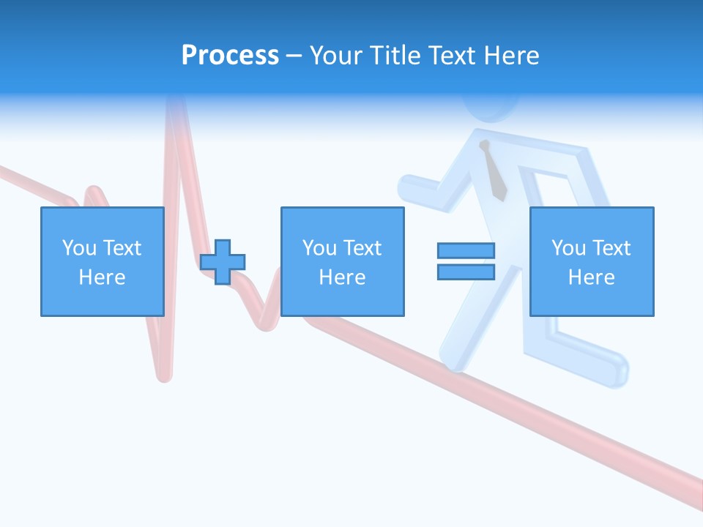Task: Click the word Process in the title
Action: coord(230,56)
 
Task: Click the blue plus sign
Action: coord(223,261)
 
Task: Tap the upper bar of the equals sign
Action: coord(466,250)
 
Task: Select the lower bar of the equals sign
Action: coord(466,272)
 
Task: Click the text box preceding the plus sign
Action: coord(102,261)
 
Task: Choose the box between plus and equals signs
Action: coord(342,261)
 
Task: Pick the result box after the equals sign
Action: coord(592,261)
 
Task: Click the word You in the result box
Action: coord(568,248)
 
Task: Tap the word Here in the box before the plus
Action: coord(102,277)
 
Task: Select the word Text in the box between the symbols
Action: coord(362,248)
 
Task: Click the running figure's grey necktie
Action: coord(494,172)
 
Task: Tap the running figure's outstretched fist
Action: coord(408,188)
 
